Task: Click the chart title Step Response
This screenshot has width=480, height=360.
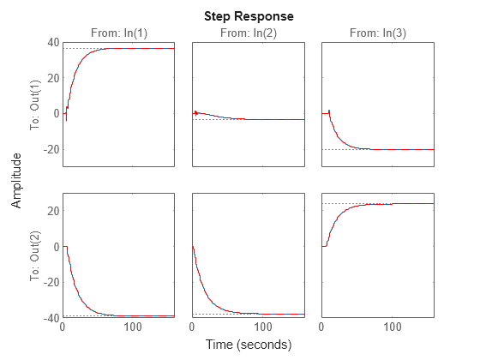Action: (248, 16)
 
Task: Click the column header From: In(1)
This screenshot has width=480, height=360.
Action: (118, 33)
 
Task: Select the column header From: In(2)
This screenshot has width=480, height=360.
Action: (248, 33)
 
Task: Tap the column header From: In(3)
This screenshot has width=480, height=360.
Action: (377, 33)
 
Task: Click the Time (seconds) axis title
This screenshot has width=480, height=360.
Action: (248, 345)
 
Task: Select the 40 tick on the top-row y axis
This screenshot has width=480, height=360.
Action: (52, 42)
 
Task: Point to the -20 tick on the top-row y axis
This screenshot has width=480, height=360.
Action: (51, 149)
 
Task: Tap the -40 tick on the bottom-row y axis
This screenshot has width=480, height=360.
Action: (51, 318)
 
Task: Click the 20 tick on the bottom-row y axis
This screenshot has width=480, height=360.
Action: (52, 211)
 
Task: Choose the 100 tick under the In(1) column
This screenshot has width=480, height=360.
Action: (134, 327)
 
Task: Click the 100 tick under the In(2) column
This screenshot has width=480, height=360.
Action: (263, 327)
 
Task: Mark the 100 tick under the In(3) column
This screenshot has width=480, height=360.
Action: (393, 327)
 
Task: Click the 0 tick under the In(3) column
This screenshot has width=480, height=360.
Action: (321, 327)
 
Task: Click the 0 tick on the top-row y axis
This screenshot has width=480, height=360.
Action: (55, 113)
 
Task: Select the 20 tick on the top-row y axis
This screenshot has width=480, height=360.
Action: (52, 78)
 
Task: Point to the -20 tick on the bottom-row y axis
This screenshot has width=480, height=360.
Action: (51, 283)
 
